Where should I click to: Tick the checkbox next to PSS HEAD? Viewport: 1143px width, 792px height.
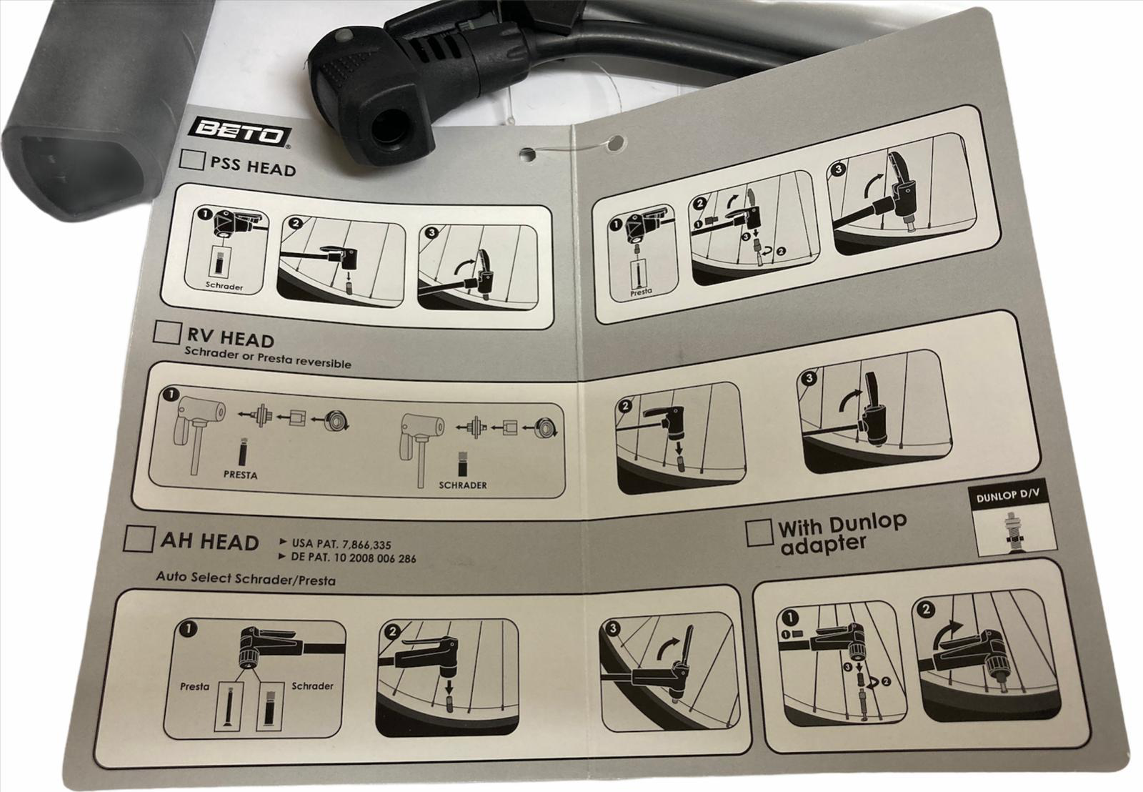[192, 160]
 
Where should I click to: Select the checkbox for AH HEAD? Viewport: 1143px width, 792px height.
[139, 539]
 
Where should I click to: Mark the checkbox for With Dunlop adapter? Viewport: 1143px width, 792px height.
[759, 533]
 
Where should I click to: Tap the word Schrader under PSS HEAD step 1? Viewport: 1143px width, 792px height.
[224, 286]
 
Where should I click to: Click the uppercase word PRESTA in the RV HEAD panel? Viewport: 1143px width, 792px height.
[240, 475]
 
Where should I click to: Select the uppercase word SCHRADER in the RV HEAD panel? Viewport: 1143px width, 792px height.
[463, 485]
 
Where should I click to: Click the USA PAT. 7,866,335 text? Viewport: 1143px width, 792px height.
[341, 545]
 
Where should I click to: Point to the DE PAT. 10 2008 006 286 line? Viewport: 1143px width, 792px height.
[354, 558]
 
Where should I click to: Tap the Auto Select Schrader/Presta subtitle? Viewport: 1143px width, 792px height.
[246, 578]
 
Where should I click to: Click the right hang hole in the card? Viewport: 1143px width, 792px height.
[616, 142]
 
